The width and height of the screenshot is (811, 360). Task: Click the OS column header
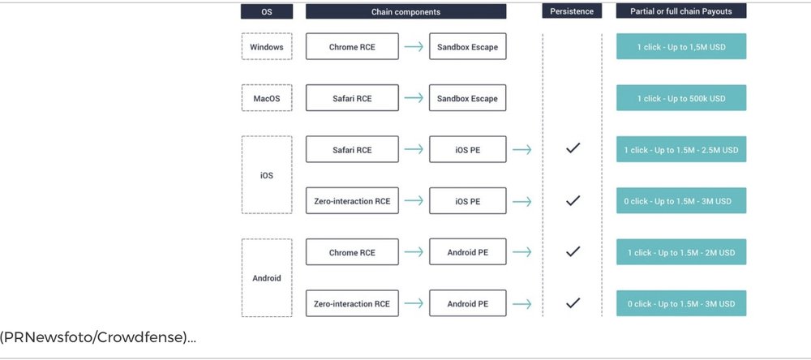coord(266,11)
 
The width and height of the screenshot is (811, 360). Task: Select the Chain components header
coord(406,11)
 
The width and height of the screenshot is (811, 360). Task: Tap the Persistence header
coord(572,11)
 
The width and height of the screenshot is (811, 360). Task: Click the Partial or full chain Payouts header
coord(681,11)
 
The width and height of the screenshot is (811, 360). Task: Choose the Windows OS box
coord(267,46)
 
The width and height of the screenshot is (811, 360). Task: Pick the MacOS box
coord(267,98)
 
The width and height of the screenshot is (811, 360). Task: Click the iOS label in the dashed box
coord(267,175)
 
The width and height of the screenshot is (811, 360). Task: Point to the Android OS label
coord(267,278)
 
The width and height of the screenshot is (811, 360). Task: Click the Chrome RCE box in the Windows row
coord(352,46)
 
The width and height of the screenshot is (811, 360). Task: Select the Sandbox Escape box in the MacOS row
coord(468,98)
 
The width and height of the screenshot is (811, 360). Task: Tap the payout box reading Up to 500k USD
coord(681,98)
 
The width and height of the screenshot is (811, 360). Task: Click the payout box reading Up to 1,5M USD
coord(681,46)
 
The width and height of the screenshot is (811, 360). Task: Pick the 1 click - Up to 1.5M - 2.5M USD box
coord(681,149)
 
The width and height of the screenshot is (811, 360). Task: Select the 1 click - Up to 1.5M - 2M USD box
coord(681,252)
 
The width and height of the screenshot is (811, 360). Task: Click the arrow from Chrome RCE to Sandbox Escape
coord(414,46)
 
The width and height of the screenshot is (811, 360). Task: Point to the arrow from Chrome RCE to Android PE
coord(414,252)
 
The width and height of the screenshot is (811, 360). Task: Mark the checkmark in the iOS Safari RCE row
coord(573,149)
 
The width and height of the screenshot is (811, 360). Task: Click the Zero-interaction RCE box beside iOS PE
coord(352,201)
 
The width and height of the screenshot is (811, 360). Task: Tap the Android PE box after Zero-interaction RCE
coord(468,303)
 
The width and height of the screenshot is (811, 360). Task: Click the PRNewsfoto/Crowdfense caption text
coord(98,338)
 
